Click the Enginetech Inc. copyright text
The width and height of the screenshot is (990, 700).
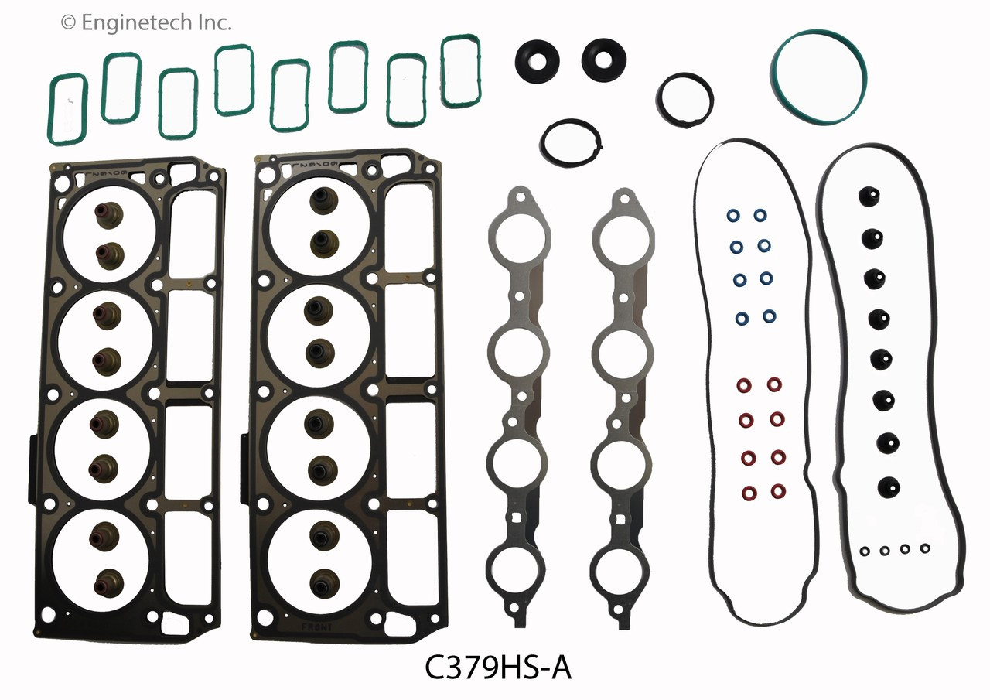(146, 23)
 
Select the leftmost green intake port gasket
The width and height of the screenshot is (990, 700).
(68, 109)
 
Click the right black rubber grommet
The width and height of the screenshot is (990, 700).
(603, 57)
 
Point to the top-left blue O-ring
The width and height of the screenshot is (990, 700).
(732, 214)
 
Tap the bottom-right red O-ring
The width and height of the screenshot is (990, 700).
(777, 491)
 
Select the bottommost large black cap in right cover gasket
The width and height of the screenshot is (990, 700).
(888, 486)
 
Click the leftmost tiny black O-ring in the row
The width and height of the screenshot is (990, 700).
(865, 551)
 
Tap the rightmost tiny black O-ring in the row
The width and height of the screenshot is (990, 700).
(924, 548)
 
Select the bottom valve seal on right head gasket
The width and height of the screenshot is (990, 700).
(320, 581)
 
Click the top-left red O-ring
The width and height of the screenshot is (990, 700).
(743, 384)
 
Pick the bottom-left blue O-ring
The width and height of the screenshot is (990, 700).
(741, 317)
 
